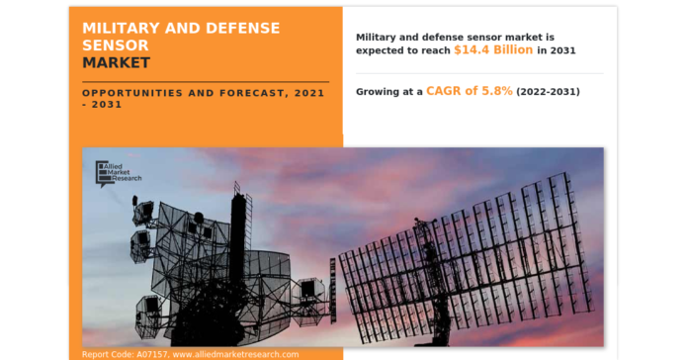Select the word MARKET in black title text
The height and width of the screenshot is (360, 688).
click(x=117, y=62)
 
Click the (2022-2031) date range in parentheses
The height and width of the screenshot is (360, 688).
click(x=548, y=91)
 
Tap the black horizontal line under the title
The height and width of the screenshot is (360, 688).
click(x=206, y=81)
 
